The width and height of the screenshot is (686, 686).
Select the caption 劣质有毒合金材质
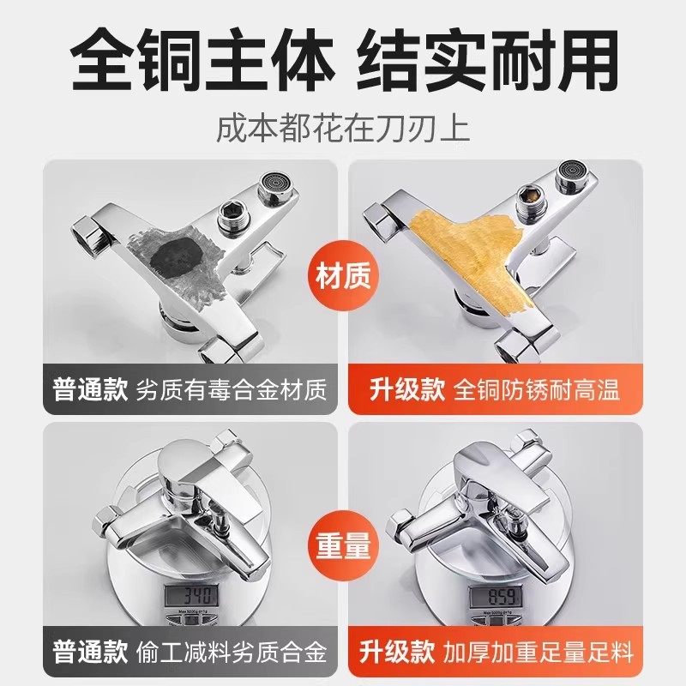(232, 391)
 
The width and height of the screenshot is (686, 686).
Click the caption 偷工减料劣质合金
(232, 654)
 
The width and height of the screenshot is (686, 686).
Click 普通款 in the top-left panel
(85, 391)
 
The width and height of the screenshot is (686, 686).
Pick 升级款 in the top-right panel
(400, 391)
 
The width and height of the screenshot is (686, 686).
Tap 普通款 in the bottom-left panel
(85, 654)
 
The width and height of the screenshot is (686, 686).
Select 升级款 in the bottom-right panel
(400, 654)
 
